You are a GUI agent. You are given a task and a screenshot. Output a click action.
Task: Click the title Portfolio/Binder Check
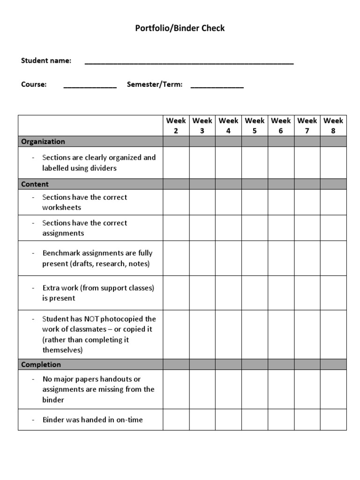tap(180, 28)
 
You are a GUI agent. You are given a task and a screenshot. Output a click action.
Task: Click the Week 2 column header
tap(176, 126)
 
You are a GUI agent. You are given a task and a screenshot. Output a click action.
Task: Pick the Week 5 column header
tap(255, 126)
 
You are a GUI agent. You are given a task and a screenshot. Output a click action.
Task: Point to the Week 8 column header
tap(333, 126)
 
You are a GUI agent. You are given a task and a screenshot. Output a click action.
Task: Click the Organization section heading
tap(43, 142)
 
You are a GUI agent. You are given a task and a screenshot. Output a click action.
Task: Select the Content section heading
tap(35, 184)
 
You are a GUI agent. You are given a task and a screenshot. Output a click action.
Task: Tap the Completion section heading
tap(41, 364)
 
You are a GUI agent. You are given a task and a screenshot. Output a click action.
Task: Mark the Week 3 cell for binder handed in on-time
tap(202, 420)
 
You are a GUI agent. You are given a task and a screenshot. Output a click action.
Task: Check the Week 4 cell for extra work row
tap(228, 292)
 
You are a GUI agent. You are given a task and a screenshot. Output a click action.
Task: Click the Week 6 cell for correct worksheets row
tap(281, 202)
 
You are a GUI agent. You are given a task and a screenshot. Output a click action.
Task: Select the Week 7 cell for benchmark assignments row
tap(307, 258)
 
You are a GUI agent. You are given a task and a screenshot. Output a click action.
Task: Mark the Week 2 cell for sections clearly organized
tap(176, 163)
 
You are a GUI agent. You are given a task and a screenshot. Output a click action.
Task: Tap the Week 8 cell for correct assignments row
tap(333, 228)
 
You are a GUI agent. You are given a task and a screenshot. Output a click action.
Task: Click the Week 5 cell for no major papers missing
tap(255, 389)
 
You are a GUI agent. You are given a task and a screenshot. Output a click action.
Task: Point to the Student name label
tap(46, 60)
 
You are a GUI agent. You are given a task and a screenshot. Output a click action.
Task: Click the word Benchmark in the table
tap(61, 253)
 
